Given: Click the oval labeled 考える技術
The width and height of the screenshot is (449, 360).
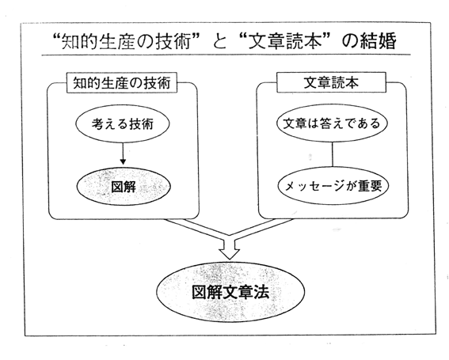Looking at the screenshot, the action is pyautogui.click(x=123, y=123).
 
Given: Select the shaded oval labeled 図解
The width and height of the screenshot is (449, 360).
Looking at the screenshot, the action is pyautogui.click(x=124, y=187).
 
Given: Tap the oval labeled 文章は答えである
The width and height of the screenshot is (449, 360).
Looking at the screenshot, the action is pyautogui.click(x=332, y=123).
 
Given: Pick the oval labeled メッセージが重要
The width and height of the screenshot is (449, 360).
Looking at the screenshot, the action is pyautogui.click(x=333, y=186).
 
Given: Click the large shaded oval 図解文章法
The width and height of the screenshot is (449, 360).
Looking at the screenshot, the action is pyautogui.click(x=230, y=292).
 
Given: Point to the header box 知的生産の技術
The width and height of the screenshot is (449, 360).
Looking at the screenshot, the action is pyautogui.click(x=122, y=83).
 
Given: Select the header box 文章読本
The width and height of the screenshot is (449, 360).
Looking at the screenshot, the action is pyautogui.click(x=331, y=82).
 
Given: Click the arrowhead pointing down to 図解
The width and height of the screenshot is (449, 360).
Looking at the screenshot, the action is pyautogui.click(x=123, y=161).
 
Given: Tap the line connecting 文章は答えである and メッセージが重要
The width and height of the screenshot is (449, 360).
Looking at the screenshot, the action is pyautogui.click(x=332, y=154).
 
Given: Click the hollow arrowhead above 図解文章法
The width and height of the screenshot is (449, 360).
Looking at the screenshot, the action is pyautogui.click(x=229, y=254).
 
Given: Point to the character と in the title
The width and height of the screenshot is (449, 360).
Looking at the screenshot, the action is pyautogui.click(x=219, y=42).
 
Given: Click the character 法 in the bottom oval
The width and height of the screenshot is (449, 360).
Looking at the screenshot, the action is pyautogui.click(x=261, y=292).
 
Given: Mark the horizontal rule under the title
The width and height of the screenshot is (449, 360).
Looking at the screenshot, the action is pyautogui.click(x=226, y=55).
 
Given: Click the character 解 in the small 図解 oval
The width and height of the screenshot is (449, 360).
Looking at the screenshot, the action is pyautogui.click(x=130, y=188).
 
